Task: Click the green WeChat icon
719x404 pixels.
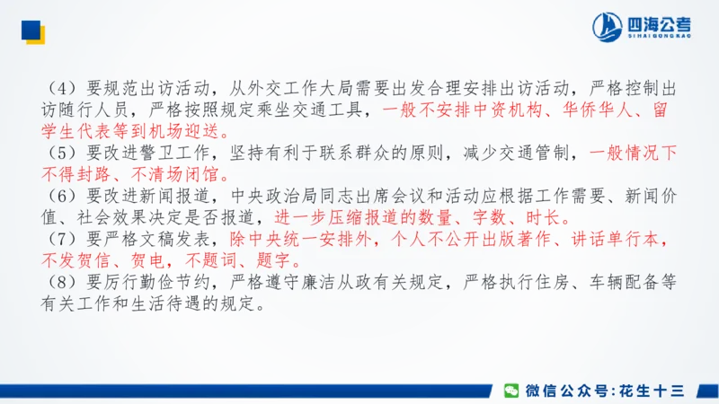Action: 511,390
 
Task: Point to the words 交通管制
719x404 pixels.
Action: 538,154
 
